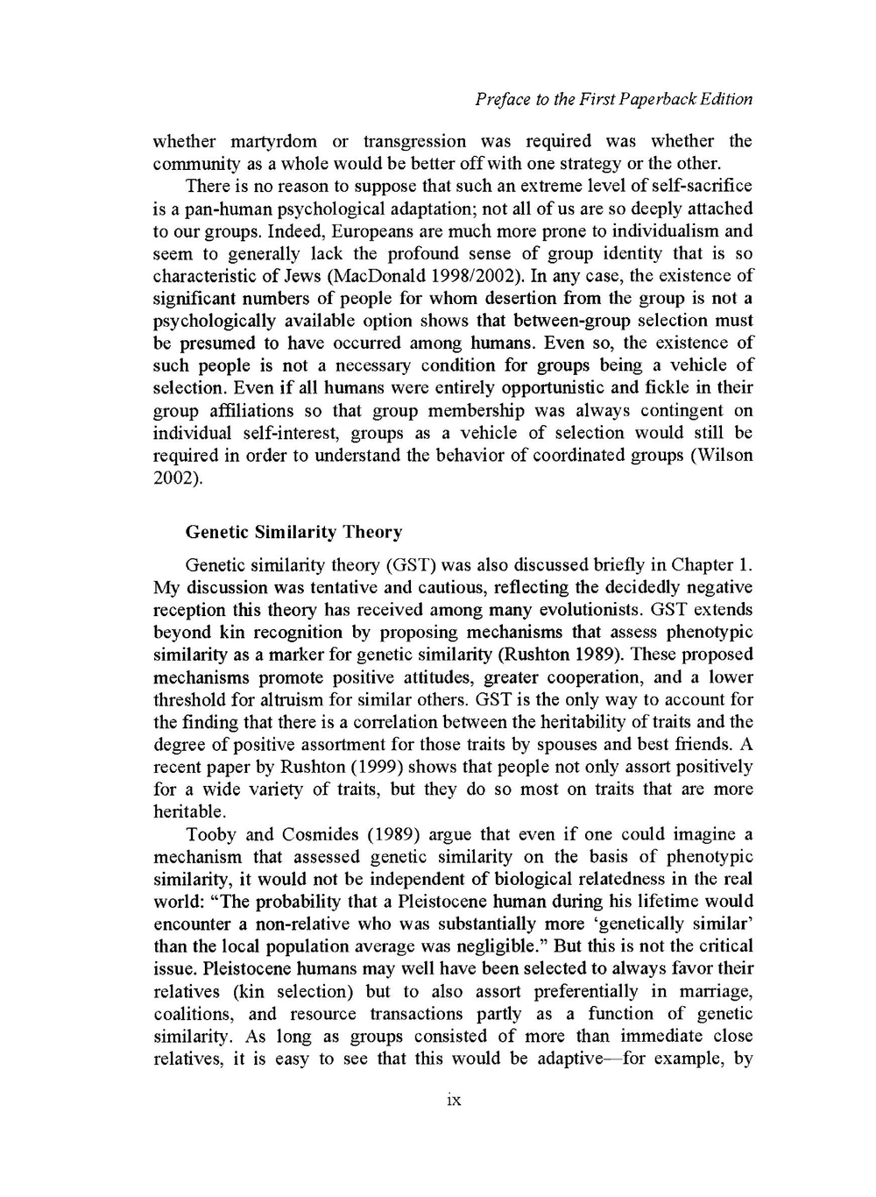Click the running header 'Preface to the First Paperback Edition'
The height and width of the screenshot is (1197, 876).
point(613,99)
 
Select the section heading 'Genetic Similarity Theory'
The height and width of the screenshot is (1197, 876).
point(293,532)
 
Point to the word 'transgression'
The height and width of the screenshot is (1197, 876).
point(414,141)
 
